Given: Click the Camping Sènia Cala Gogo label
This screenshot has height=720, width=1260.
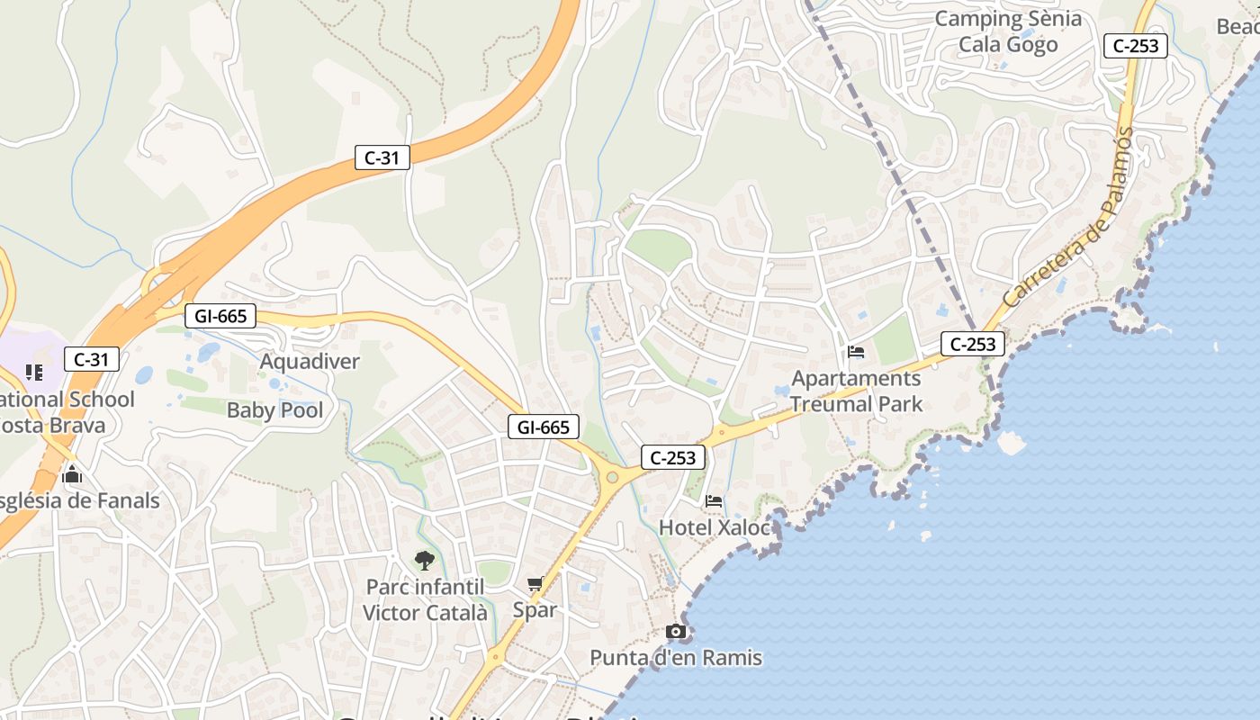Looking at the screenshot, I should pyautogui.click(x=1008, y=31).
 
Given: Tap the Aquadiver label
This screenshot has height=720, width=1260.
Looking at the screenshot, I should pyautogui.click(x=310, y=362).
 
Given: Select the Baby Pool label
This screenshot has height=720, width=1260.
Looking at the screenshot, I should pyautogui.click(x=274, y=410).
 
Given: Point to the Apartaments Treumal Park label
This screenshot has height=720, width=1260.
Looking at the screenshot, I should pyautogui.click(x=856, y=391).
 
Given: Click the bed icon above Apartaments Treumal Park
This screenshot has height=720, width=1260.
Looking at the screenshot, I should pyautogui.click(x=856, y=352).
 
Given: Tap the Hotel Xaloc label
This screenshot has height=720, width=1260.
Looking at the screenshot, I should pyautogui.click(x=715, y=527).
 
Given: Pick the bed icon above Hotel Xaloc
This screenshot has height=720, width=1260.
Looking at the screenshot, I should pyautogui.click(x=715, y=501).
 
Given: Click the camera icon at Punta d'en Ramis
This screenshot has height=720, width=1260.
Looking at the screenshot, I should pyautogui.click(x=676, y=632).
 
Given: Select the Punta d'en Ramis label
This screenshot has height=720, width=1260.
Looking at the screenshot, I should pyautogui.click(x=676, y=658).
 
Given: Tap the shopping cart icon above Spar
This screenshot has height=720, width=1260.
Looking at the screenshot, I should pyautogui.click(x=535, y=583).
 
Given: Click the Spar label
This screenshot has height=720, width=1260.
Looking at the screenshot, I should pyautogui.click(x=535, y=609).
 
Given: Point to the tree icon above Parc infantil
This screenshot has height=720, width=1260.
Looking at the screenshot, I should pyautogui.click(x=425, y=561).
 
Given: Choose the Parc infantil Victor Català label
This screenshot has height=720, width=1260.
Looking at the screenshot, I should pyautogui.click(x=425, y=600).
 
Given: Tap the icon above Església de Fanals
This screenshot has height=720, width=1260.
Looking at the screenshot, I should pyautogui.click(x=72, y=474).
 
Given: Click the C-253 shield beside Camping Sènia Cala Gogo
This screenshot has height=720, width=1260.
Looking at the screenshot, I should pyautogui.click(x=1136, y=46).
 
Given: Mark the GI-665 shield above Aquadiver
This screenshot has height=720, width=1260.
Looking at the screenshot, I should pyautogui.click(x=220, y=316).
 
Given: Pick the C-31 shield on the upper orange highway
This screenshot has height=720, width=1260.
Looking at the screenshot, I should pyautogui.click(x=382, y=157).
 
